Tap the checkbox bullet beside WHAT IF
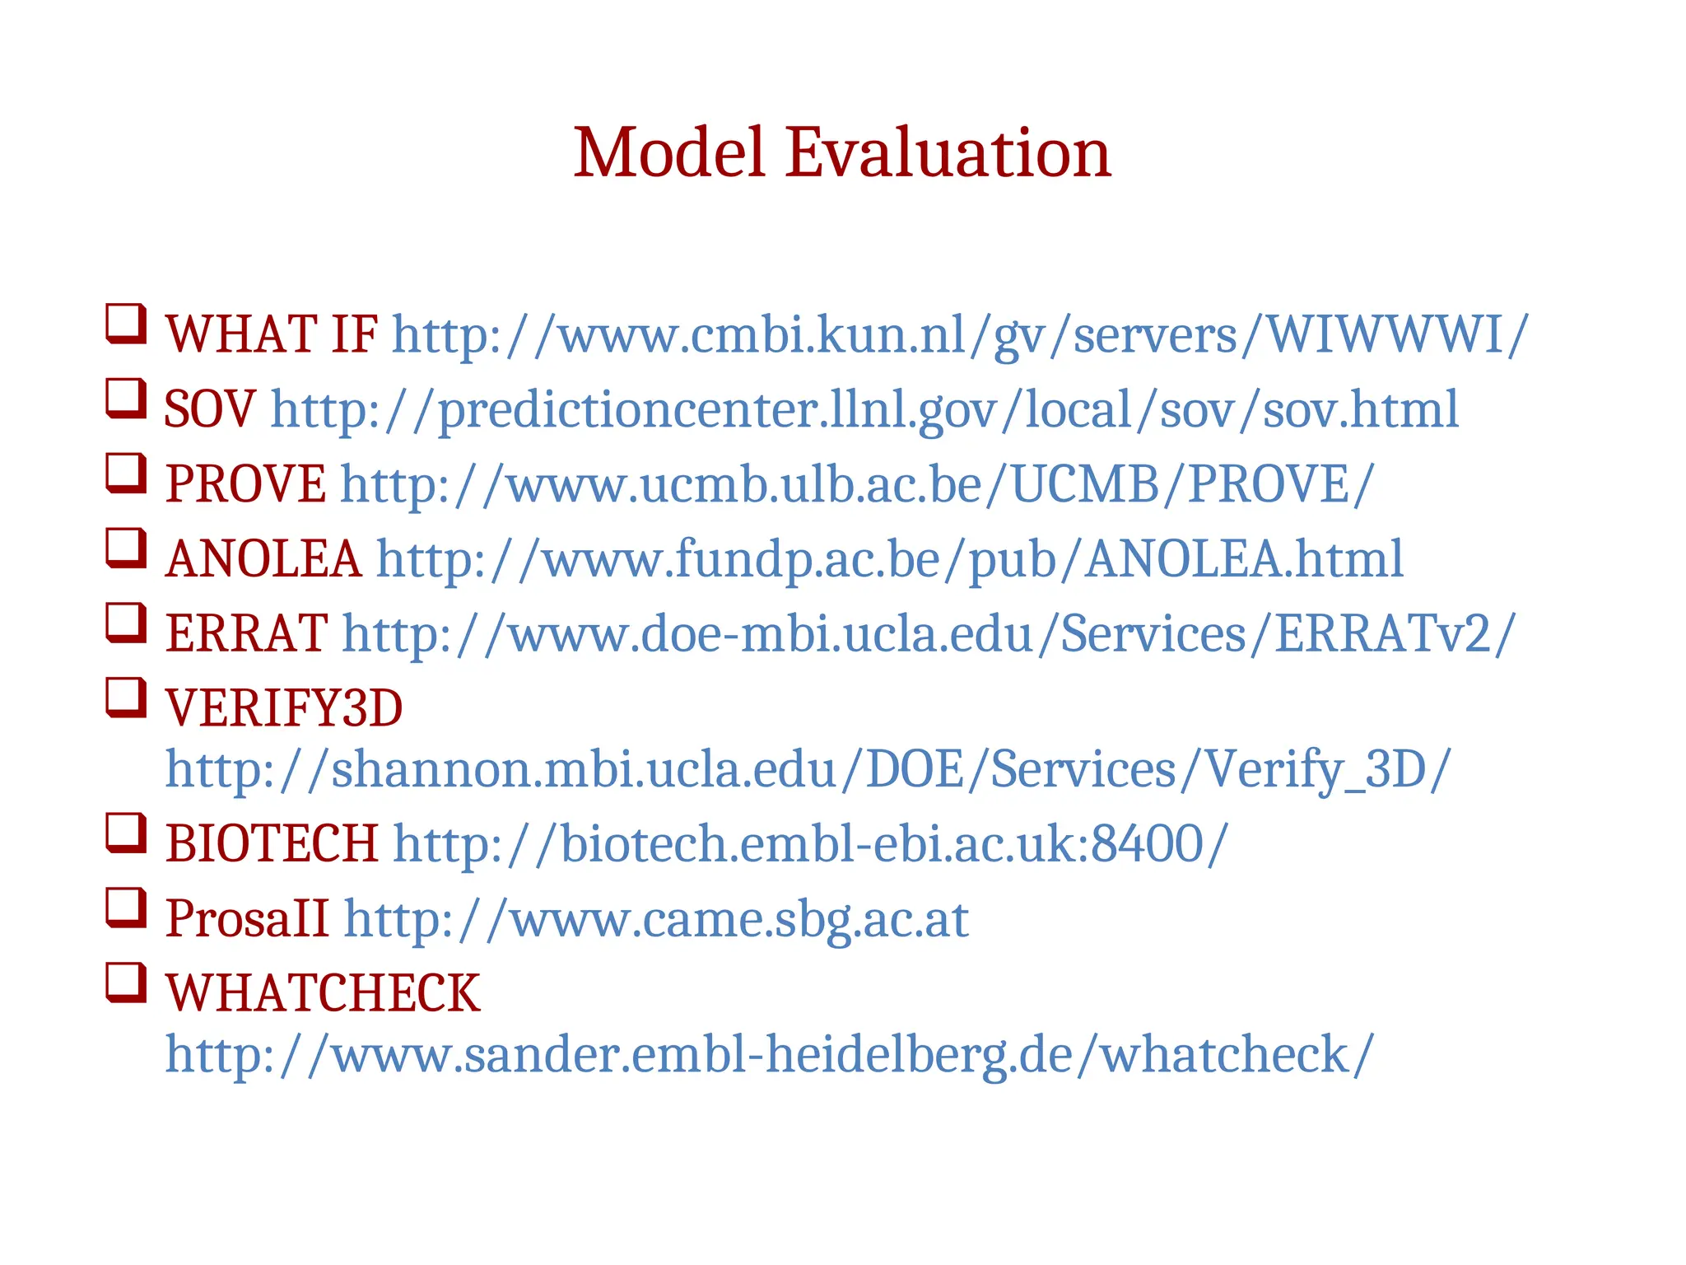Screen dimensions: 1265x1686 click(126, 324)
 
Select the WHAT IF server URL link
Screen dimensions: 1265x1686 click(959, 335)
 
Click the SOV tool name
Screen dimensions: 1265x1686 click(209, 409)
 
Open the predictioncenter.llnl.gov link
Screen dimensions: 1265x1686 click(864, 409)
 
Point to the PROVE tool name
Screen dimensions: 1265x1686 click(245, 483)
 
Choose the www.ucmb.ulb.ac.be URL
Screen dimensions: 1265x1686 click(857, 483)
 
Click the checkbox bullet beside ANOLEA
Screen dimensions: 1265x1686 click(126, 548)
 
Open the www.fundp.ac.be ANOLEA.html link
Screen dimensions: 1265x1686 click(889, 559)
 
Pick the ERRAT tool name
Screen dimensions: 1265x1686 click(246, 633)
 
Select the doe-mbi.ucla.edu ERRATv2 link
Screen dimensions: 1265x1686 click(928, 633)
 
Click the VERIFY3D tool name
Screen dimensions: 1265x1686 click(284, 708)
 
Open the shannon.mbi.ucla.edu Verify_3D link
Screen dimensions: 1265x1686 click(808, 769)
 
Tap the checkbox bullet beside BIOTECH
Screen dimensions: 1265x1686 click(126, 833)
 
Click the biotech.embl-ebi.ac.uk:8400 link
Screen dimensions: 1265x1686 click(810, 844)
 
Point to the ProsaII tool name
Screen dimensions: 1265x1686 click(246, 918)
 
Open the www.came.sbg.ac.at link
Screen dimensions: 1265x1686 click(655, 918)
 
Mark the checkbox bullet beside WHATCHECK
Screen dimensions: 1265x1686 click(126, 983)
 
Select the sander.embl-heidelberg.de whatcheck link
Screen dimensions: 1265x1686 click(769, 1054)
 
